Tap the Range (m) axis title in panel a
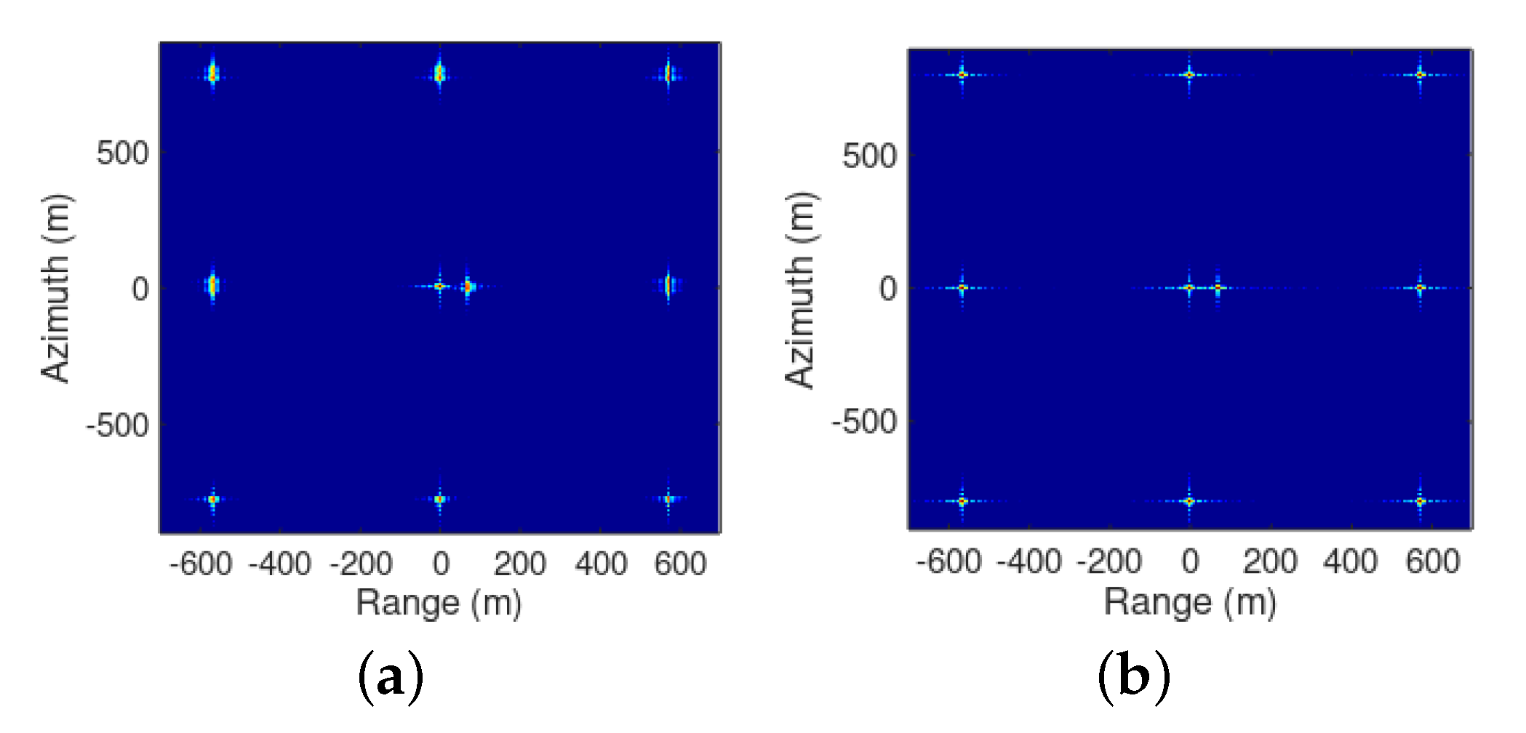(x=439, y=603)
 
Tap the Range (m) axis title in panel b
(x=1190, y=602)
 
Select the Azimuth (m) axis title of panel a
(x=57, y=289)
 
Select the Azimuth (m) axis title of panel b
(x=801, y=290)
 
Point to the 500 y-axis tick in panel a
(x=122, y=153)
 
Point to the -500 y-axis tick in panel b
(x=864, y=422)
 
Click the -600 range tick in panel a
(x=201, y=564)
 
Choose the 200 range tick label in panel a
(x=519, y=564)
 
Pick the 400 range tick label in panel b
(x=1350, y=562)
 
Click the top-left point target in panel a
(x=212, y=74)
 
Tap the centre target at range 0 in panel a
(x=439, y=287)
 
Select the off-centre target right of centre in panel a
(x=468, y=287)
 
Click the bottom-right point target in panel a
(x=668, y=499)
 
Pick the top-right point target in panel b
(x=1420, y=75)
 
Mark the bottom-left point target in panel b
(x=962, y=501)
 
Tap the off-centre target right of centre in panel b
(x=1218, y=288)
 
